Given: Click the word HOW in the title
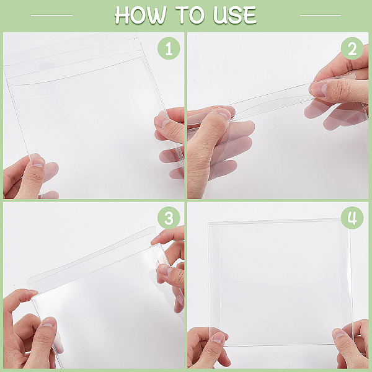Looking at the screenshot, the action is pos(141,15).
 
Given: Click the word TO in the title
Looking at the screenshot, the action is pos(190,15).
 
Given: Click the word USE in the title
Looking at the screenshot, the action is pos(235,15).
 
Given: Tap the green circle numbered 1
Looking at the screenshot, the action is pos(169,48).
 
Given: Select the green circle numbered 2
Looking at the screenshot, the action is pos(352,48).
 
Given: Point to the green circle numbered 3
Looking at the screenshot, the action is pos(169,218).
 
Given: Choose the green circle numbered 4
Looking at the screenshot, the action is pos(352,218).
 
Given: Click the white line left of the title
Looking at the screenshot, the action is pos(51,15).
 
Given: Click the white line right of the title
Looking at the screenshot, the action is pos(321,15).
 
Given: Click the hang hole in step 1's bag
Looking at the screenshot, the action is pos(46,66).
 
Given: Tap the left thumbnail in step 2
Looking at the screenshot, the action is pos(224,113).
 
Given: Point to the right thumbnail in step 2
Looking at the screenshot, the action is pos(318,89).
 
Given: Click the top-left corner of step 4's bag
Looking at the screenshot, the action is pos(208,223).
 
